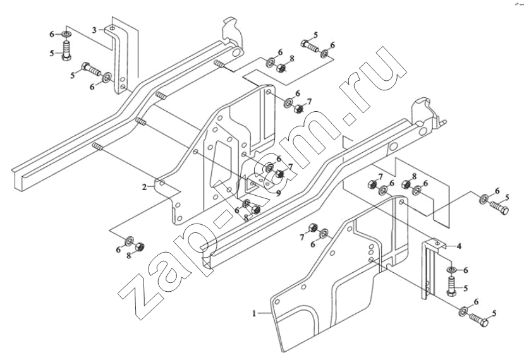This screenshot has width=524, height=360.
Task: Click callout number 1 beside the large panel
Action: [254, 314]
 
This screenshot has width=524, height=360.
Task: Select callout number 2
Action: [144, 188]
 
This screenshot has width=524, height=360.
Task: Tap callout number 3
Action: [94, 30]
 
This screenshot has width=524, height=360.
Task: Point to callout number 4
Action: [459, 246]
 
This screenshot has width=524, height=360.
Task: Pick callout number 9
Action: [278, 193]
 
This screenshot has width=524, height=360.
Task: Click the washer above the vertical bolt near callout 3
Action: [66, 34]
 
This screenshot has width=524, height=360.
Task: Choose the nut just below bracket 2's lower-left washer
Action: [140, 247]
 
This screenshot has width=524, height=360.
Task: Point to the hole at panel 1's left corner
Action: [276, 301]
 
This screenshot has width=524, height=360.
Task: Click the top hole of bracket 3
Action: [113, 28]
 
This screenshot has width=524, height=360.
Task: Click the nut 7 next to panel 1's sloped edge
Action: [313, 227]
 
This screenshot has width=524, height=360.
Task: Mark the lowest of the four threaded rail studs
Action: [97, 147]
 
